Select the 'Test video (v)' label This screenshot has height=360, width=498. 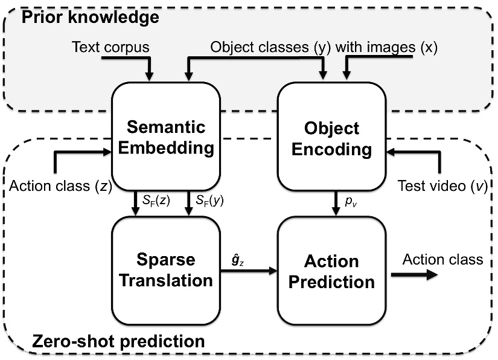tap(442, 187)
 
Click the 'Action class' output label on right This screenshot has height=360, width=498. tap(443, 259)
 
